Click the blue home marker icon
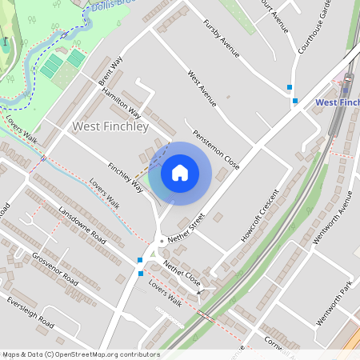180,173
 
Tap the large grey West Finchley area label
110,126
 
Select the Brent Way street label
111,71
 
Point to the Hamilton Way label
121,103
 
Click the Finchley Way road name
126,177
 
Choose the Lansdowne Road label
82,225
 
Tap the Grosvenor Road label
54,270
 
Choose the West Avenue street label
202,89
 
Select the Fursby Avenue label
222,39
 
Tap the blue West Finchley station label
337,102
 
